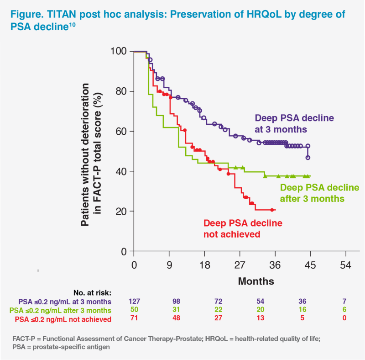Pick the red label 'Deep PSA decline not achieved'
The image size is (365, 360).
point(243,228)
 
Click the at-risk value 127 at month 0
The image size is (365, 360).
point(134,302)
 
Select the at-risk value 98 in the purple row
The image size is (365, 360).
point(169,302)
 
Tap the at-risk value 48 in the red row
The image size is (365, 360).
point(169,319)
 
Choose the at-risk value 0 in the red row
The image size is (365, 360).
point(346,319)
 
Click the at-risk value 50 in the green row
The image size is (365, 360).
point(134,310)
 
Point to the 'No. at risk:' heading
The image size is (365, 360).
point(92,292)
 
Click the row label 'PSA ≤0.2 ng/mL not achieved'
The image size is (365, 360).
point(67,319)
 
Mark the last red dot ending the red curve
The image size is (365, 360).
point(272,210)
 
